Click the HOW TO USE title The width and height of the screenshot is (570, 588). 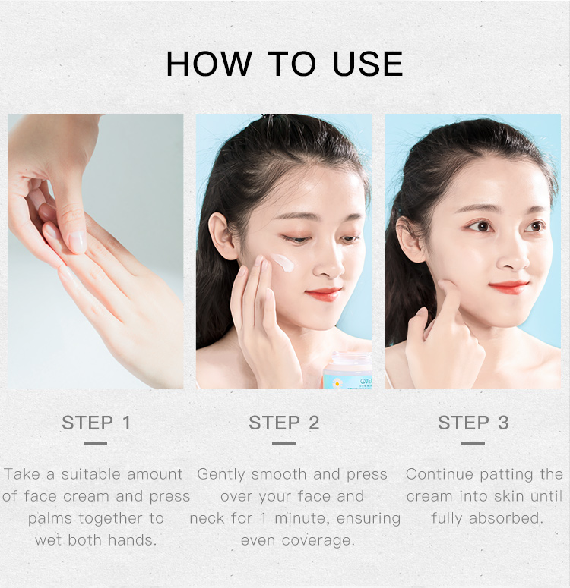point(284,64)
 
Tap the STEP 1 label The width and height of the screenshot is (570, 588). point(96,423)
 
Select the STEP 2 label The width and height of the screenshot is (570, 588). point(284,423)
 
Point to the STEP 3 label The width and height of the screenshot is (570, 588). point(473,423)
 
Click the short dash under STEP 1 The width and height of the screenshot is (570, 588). point(96,442)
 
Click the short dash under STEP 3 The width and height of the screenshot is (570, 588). point(473,442)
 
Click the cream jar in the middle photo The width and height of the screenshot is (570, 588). point(347,373)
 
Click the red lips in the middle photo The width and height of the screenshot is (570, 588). point(325,294)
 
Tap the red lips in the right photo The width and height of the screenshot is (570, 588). point(510,286)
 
